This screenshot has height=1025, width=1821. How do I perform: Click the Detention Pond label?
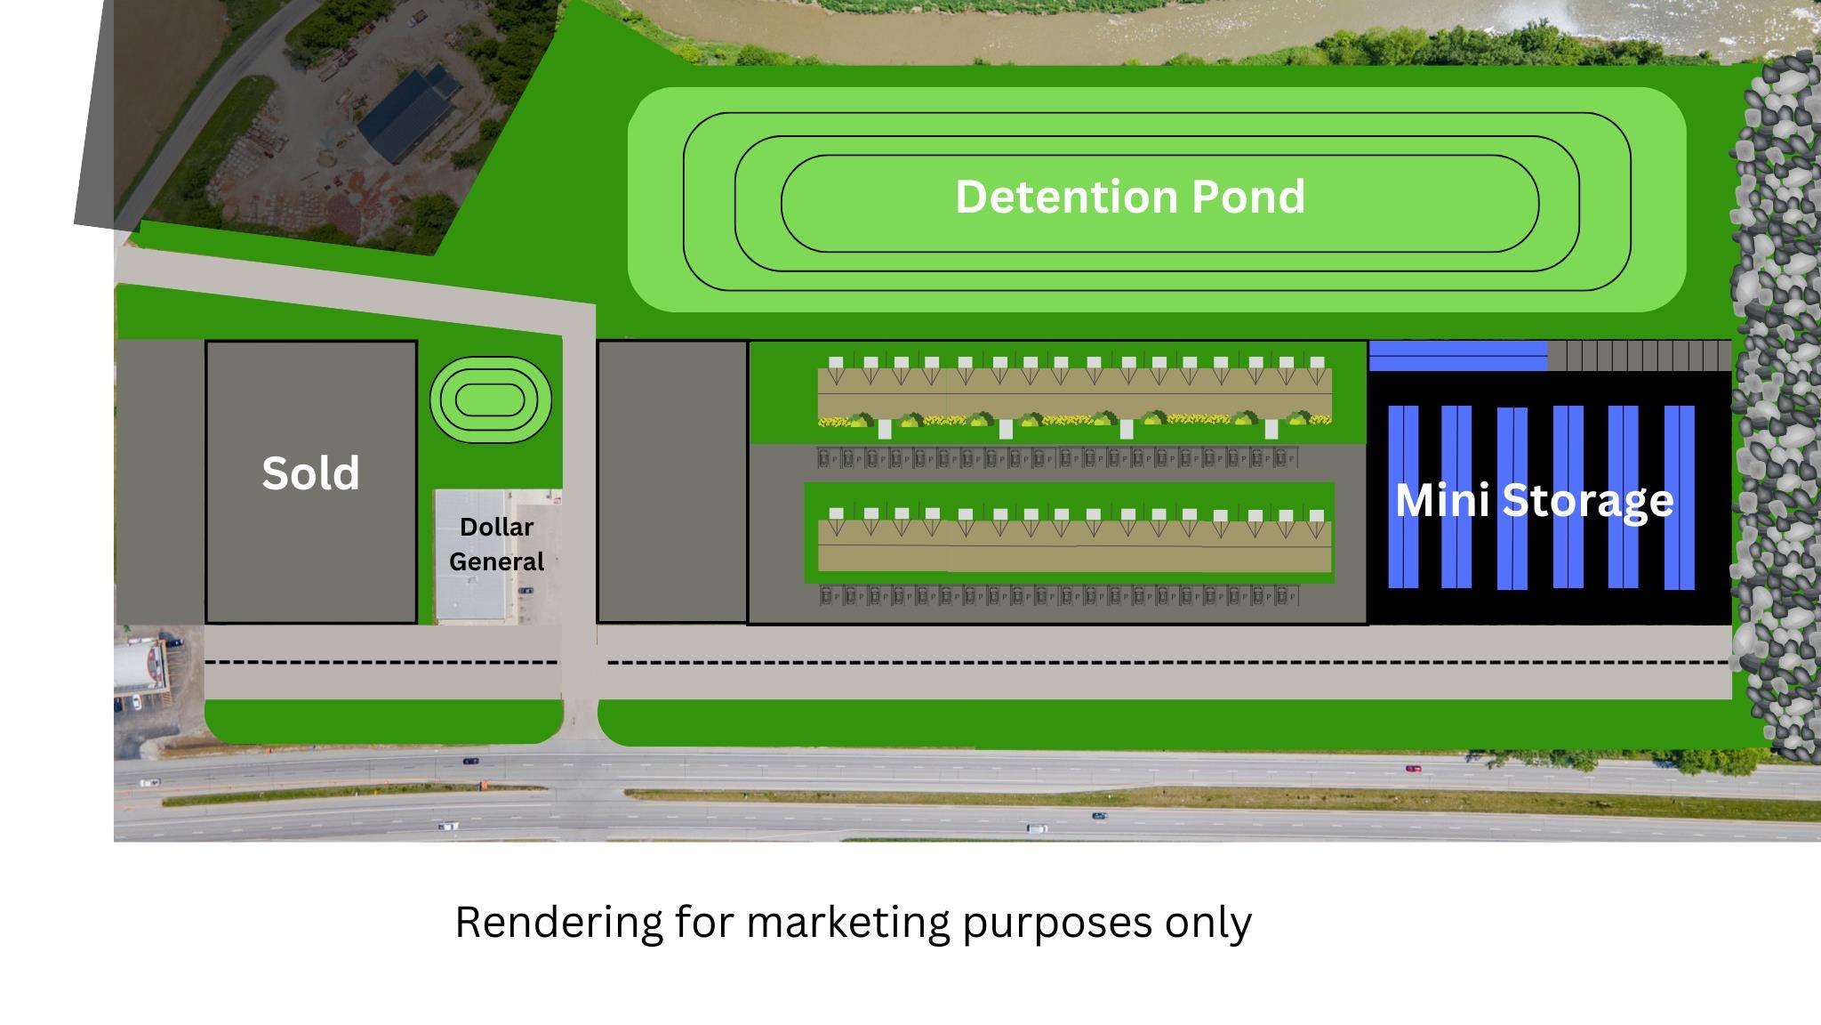click(1130, 197)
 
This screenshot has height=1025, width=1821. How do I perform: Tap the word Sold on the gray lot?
click(310, 472)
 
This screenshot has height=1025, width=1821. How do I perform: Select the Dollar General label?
click(496, 544)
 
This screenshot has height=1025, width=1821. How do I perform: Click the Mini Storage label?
click(1534, 501)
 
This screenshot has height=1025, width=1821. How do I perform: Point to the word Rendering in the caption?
click(559, 923)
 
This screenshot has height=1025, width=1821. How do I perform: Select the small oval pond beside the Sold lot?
click(491, 400)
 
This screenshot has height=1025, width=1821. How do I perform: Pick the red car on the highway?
click(1413, 768)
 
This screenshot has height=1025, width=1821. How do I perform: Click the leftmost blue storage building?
click(1403, 496)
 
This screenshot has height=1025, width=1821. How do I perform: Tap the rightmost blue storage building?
click(1680, 496)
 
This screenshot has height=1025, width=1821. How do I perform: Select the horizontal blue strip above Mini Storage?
click(1458, 355)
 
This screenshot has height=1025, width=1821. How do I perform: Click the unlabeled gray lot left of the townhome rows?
click(672, 481)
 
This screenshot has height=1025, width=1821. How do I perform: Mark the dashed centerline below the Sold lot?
click(381, 662)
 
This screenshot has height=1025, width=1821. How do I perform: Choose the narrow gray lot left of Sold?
click(160, 481)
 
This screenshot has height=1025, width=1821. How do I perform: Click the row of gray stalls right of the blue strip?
click(1640, 355)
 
